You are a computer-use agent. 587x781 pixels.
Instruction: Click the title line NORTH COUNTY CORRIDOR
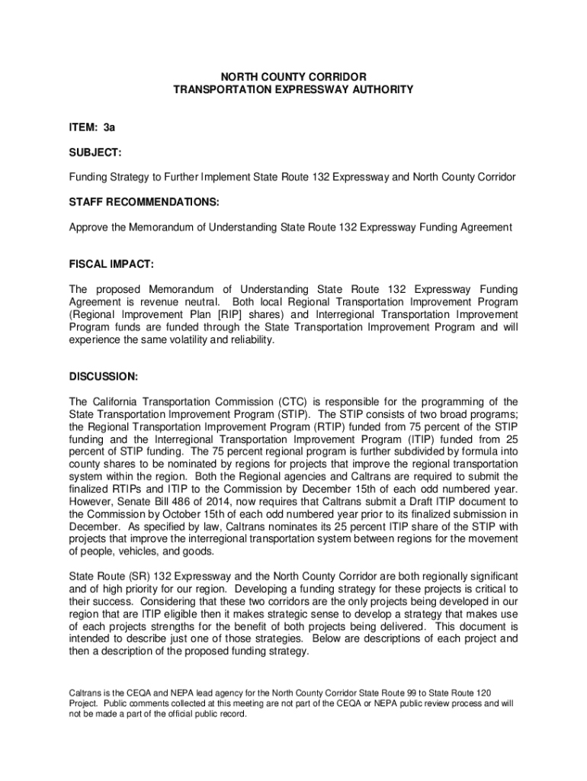(293, 77)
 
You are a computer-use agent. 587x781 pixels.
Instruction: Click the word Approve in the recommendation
(89, 227)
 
